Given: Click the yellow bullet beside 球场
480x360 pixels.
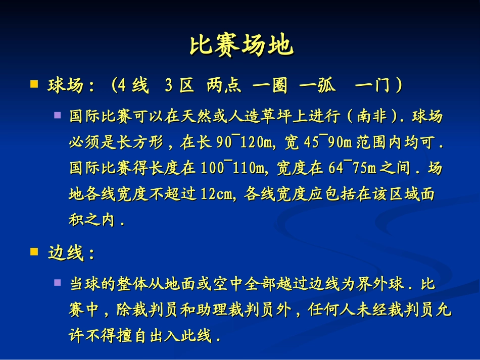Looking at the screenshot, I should tap(34, 84).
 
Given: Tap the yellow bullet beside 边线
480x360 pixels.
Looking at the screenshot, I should tap(34, 251).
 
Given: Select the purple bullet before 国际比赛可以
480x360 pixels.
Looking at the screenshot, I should tap(58, 116).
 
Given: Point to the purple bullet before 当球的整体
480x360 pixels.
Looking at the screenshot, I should tap(58, 283).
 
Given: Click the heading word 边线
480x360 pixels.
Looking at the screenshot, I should tap(65, 252).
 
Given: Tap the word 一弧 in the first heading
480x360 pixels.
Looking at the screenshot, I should tap(318, 86).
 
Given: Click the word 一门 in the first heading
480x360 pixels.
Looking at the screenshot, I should tap(372, 86).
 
